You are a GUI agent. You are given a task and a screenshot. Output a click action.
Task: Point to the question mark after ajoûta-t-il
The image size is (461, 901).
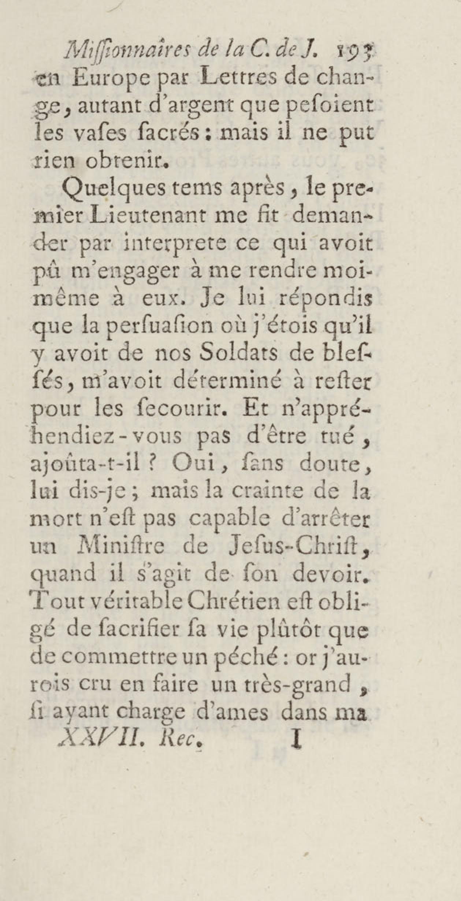(x=153, y=465)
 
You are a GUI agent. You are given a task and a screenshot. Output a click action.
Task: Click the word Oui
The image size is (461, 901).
(x=194, y=465)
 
